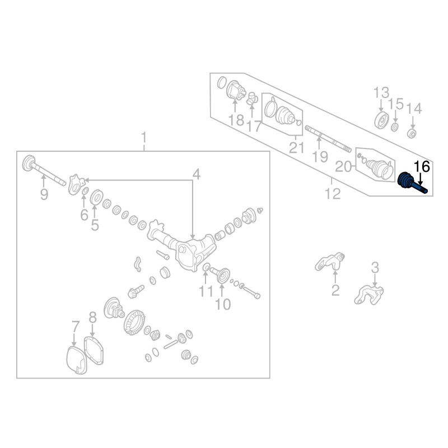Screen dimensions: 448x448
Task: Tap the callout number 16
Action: point(422,167)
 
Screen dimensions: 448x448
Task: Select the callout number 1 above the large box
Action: point(144,138)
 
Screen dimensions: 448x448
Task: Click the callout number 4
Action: point(197,174)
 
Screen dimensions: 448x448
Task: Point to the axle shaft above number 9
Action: point(44,171)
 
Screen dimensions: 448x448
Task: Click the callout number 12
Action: point(333,194)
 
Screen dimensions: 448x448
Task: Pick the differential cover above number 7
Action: point(76,360)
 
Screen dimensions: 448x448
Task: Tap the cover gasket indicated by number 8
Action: point(93,351)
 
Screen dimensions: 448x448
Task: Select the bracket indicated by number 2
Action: point(330,262)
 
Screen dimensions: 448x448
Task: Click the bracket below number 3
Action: point(369,295)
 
